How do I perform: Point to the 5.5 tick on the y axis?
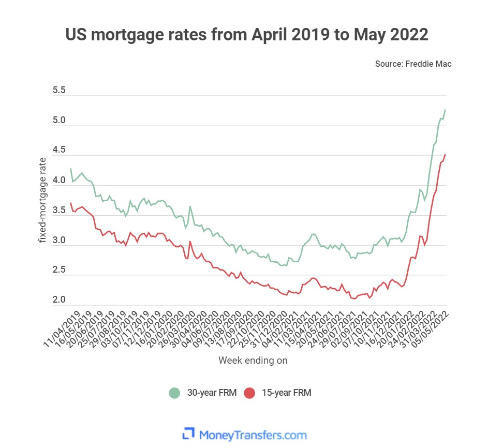(x=60, y=91)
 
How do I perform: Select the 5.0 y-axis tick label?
(x=60, y=121)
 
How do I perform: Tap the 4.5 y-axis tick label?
(x=60, y=151)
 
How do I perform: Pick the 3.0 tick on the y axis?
(x=60, y=241)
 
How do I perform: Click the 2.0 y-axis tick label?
(x=60, y=301)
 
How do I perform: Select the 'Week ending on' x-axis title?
(x=253, y=360)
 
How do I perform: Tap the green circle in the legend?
(x=175, y=393)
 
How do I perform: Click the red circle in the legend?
(x=250, y=393)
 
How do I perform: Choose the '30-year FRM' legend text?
(x=211, y=393)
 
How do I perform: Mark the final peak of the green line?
(x=445, y=110)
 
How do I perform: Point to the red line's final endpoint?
(x=445, y=154)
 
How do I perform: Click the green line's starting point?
(x=70, y=169)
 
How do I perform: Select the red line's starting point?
(x=70, y=203)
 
